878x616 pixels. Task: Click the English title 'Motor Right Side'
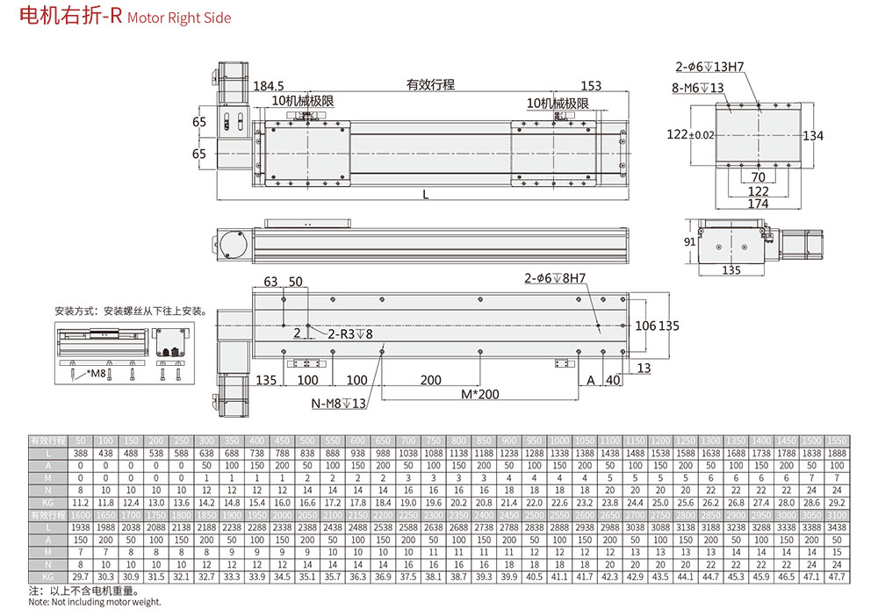coord(179,18)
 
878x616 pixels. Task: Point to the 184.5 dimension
coord(269,86)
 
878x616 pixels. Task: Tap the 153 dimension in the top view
coord(591,86)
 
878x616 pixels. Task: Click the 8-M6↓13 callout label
coord(698,87)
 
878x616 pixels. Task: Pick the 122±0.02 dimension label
coord(691,134)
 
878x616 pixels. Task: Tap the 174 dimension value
coord(759,204)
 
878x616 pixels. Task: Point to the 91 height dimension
coord(690,241)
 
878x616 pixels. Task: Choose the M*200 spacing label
coord(480,394)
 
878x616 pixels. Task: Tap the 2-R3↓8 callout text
coord(350,334)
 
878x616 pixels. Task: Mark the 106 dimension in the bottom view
coord(645,326)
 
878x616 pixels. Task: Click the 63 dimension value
coord(270,282)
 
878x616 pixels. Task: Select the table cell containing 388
coord(81,451)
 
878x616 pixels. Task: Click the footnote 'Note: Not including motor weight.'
coord(95,602)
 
